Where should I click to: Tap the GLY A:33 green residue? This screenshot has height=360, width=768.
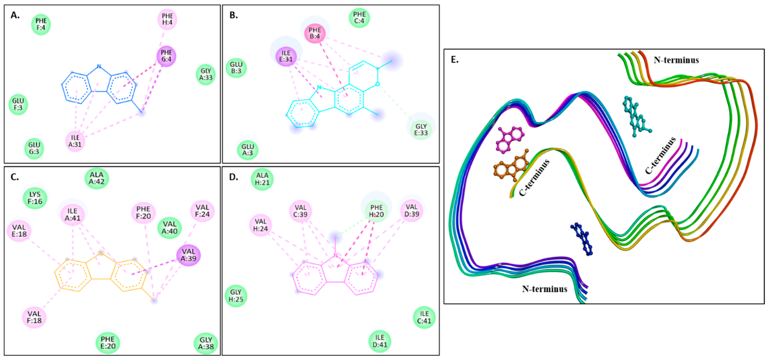(206, 74)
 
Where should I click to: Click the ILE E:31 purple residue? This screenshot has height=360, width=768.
(286, 56)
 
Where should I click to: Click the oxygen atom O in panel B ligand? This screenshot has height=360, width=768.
(377, 84)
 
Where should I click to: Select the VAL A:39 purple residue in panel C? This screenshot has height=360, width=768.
(188, 255)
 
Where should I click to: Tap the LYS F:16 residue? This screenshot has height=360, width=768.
(35, 198)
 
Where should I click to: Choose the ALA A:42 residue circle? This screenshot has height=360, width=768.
(97, 178)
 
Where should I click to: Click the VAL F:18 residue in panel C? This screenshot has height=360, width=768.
(34, 317)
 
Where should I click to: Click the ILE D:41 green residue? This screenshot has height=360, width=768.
(380, 341)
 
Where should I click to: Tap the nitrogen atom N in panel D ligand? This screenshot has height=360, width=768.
(336, 255)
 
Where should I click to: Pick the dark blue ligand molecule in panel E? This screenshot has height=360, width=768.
(582, 239)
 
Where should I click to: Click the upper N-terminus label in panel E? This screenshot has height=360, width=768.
(676, 60)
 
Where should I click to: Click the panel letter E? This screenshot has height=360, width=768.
(455, 60)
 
